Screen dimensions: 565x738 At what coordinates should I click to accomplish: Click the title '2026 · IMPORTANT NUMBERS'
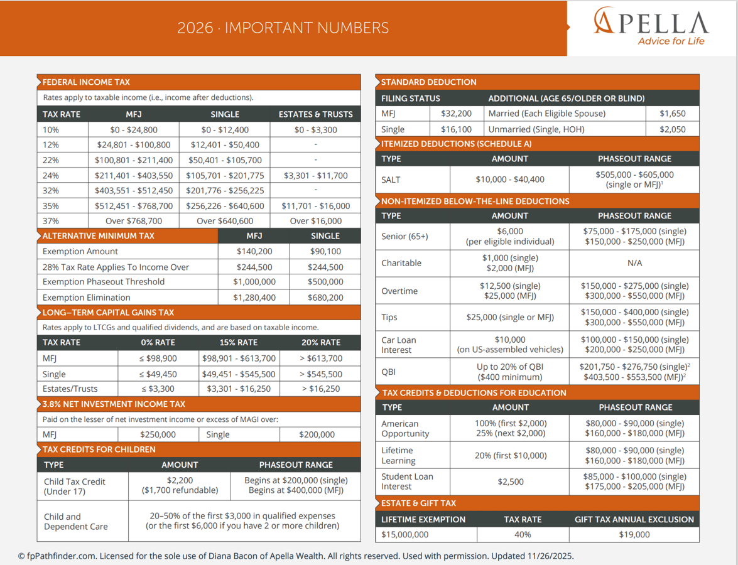tap(283, 28)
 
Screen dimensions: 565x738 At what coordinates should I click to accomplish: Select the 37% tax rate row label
tap(51, 221)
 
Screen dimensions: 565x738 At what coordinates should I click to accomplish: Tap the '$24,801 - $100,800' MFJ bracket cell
tap(134, 145)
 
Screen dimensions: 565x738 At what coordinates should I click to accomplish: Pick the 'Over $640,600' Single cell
tap(225, 221)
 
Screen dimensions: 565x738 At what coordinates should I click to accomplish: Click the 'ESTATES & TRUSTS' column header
tap(315, 114)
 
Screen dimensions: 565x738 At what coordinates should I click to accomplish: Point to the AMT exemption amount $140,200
tap(254, 251)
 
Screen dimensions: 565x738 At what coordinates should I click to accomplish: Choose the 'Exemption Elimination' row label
tap(87, 298)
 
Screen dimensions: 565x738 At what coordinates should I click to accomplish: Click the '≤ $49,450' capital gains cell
tap(158, 374)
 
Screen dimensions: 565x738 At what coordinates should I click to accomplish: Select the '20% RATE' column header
tap(321, 343)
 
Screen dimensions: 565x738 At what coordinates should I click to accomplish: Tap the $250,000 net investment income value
tap(158, 434)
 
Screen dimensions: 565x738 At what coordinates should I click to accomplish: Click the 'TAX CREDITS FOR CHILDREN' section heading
tap(99, 449)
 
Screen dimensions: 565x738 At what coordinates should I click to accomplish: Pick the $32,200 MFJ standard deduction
tap(456, 114)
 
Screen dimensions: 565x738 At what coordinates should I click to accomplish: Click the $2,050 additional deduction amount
tap(672, 129)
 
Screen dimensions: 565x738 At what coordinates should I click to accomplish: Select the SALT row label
tap(391, 180)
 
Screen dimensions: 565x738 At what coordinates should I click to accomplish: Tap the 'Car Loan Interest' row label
tap(399, 345)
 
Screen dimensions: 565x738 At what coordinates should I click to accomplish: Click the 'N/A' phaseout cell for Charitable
tap(634, 263)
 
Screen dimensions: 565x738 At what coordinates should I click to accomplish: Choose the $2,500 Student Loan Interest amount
tap(510, 482)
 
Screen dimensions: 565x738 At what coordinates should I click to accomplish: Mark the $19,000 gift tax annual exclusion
tap(634, 535)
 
